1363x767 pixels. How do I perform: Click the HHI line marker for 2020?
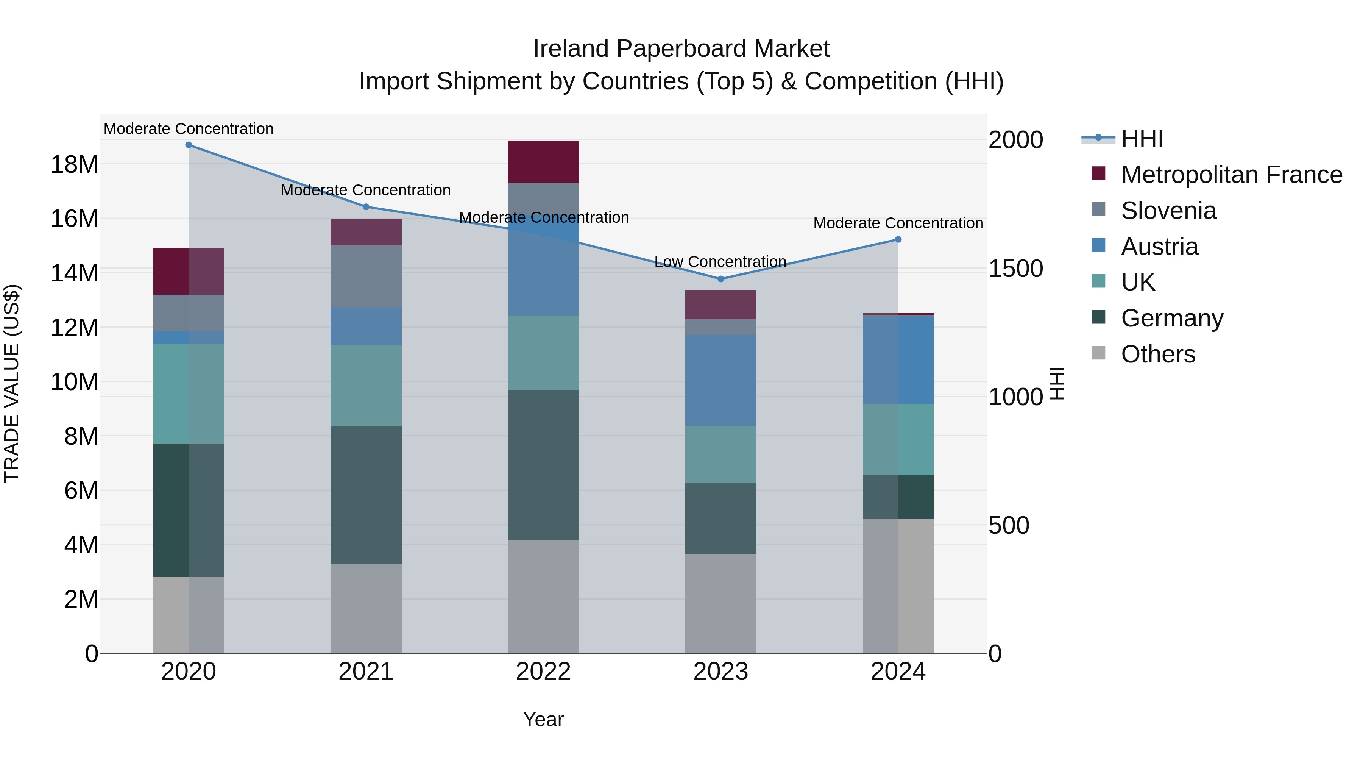tap(189, 145)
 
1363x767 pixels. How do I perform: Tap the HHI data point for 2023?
tap(720, 279)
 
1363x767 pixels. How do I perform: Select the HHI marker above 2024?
tap(898, 240)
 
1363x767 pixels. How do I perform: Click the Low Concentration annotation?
tap(720, 262)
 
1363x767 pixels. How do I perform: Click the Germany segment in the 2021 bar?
tap(366, 495)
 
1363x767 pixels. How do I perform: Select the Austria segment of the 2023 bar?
tap(720, 380)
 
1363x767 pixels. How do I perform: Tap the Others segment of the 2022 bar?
tap(543, 597)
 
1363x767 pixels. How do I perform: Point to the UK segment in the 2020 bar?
tap(189, 393)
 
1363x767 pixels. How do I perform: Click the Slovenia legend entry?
tap(1168, 211)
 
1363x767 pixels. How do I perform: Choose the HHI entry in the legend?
tap(1142, 139)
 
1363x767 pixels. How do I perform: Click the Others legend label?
tap(1158, 354)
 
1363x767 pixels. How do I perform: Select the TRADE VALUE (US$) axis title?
tap(12, 383)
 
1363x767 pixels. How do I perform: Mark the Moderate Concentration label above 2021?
tap(366, 190)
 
